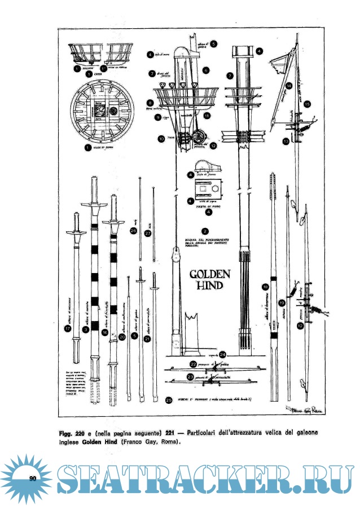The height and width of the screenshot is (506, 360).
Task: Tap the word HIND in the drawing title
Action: (209, 286)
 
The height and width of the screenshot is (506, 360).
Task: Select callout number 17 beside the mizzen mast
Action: (68, 329)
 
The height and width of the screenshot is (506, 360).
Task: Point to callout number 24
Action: (223, 355)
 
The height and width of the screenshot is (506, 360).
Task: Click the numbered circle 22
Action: (193, 364)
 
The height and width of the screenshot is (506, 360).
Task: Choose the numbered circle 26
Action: (133, 230)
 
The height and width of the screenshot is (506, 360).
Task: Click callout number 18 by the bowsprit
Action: (265, 287)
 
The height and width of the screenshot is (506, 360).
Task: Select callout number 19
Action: (282, 303)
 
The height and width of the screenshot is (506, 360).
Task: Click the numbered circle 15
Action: (307, 104)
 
